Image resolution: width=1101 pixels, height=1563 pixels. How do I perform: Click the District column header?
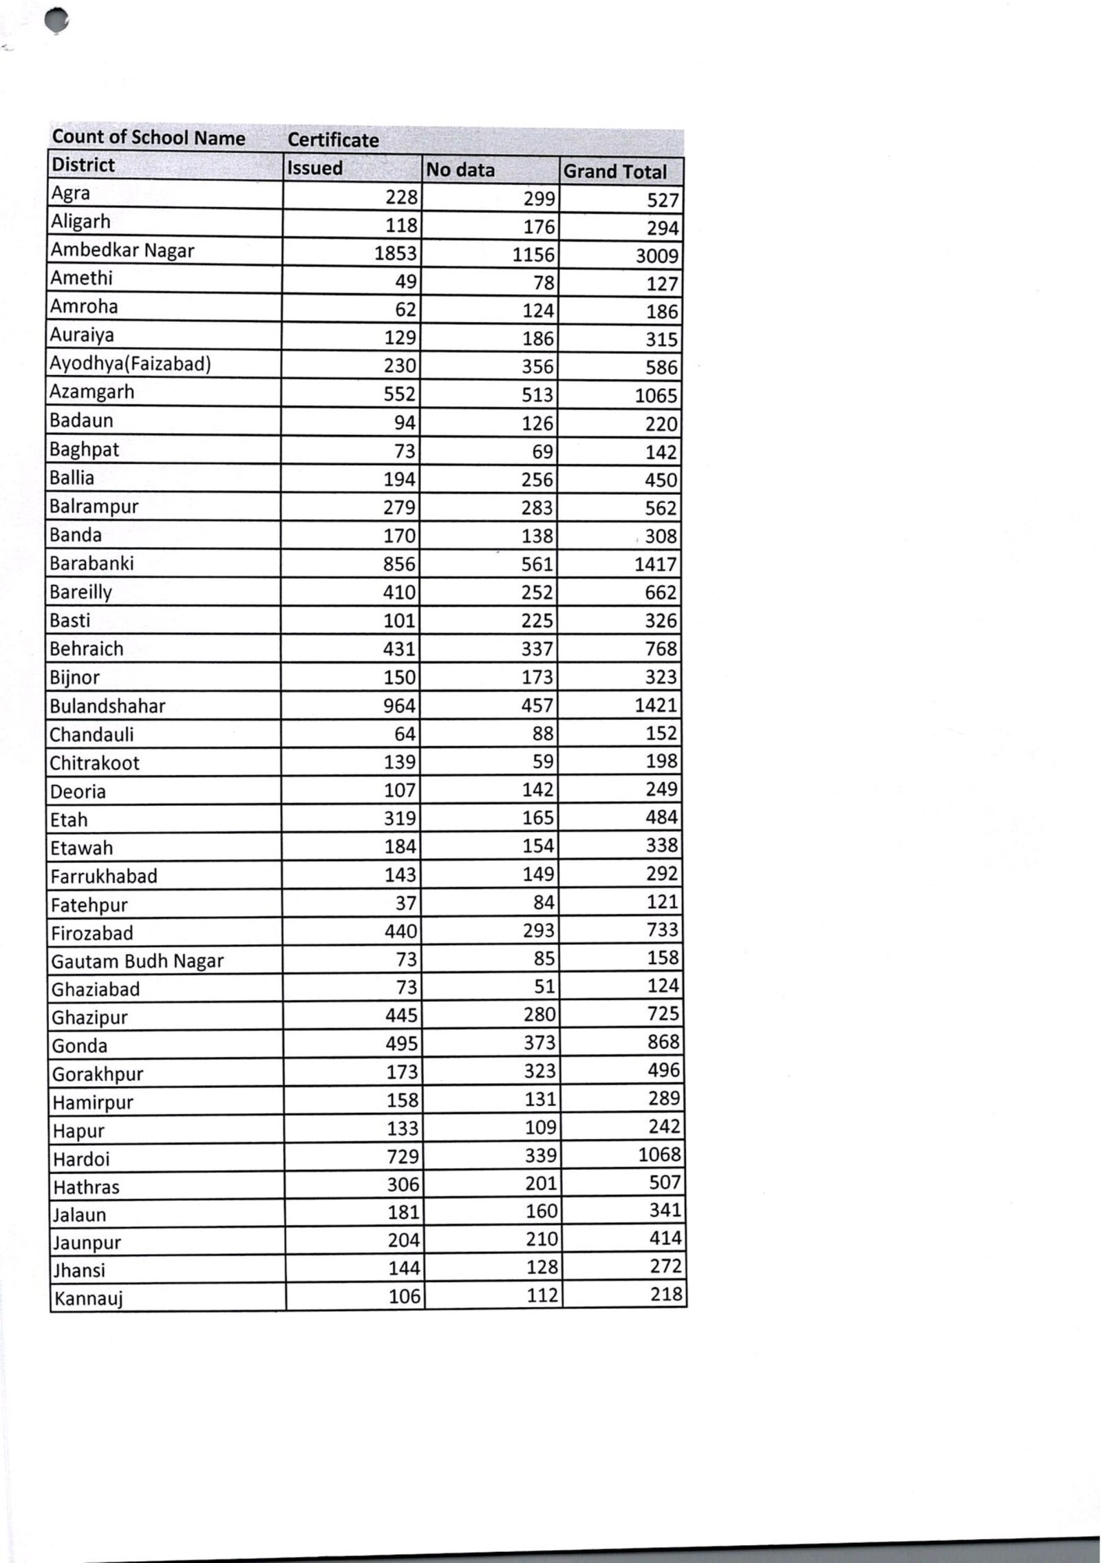pyautogui.click(x=83, y=165)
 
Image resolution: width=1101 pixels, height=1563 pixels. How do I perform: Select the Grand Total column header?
pyautogui.click(x=614, y=171)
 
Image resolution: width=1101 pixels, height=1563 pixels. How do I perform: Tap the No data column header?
pyautogui.click(x=460, y=169)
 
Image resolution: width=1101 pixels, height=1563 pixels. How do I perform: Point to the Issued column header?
pyautogui.click(x=314, y=168)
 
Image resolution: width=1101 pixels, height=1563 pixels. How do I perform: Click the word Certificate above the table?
pyautogui.click(x=333, y=140)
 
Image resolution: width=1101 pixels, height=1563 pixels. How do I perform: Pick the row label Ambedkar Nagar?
pyautogui.click(x=122, y=251)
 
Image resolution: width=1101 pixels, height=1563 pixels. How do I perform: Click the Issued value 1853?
pyautogui.click(x=396, y=253)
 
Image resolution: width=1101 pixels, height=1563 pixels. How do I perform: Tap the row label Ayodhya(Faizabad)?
pyautogui.click(x=130, y=363)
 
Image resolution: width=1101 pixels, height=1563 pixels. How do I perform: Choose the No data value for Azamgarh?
pyautogui.click(x=537, y=395)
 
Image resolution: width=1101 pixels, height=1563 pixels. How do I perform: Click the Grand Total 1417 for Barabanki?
pyautogui.click(x=656, y=564)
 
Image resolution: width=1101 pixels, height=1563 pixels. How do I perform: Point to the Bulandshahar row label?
pyautogui.click(x=108, y=706)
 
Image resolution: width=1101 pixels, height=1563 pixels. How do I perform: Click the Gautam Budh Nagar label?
pyautogui.click(x=138, y=961)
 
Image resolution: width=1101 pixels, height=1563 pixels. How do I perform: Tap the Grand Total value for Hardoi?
pyautogui.click(x=659, y=1154)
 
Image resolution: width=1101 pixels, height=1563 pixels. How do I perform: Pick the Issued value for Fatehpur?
pyautogui.click(x=407, y=903)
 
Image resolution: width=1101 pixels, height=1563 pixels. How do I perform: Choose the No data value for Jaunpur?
pyautogui.click(x=542, y=1239)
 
